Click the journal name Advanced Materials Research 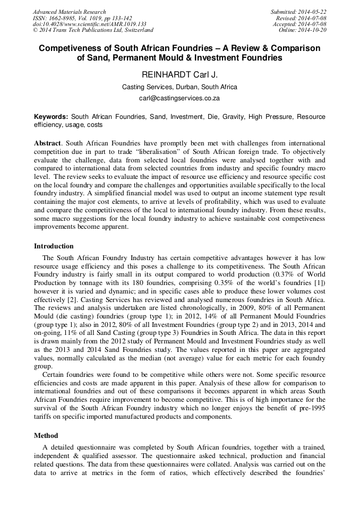pyautogui.click(x=69, y=12)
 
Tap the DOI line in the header pyautogui.click(x=89, y=24)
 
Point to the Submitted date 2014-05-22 pyautogui.click(x=299, y=12)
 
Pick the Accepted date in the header pyautogui.click(x=299, y=24)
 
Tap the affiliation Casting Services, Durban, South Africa pyautogui.click(x=179, y=87)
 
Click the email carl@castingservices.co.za pyautogui.click(x=179, y=98)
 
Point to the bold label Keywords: pyautogui.click(x=51, y=117)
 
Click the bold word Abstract pyautogui.click(x=48, y=144)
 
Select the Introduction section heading pyautogui.click(x=54, y=246)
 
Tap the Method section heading pyautogui.click(x=46, y=436)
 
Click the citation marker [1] pyautogui.click(x=319, y=283)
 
